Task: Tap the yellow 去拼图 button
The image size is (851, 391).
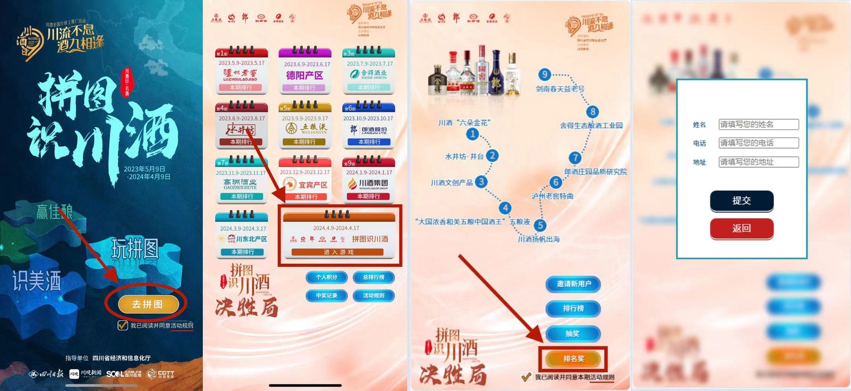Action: [148, 304]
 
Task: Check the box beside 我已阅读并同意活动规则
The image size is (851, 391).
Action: [122, 325]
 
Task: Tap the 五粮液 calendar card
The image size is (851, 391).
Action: [305, 126]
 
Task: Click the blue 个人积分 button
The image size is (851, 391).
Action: [326, 277]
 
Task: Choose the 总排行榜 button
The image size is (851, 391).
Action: [373, 277]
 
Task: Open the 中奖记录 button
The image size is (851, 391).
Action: [326, 296]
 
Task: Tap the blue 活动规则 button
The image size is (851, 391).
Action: [373, 296]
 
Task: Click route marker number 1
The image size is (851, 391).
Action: [472, 134]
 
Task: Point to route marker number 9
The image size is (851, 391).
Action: [544, 75]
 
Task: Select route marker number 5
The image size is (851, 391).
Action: [540, 225]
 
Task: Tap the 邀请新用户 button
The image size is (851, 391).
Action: [573, 284]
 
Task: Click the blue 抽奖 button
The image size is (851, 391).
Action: [573, 333]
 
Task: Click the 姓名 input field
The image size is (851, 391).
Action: [758, 124]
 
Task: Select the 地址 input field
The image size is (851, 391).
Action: [758, 162]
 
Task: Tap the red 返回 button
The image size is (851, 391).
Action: [741, 228]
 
